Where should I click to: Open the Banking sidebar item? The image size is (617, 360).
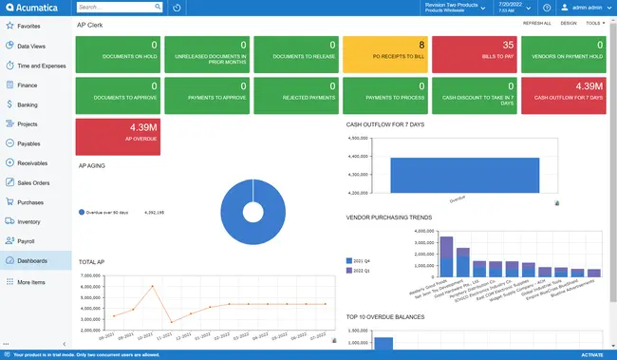pyautogui.click(x=28, y=104)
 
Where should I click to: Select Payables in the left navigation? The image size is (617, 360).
pyautogui.click(x=29, y=143)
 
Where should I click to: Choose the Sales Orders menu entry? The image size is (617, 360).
pyautogui.click(x=34, y=182)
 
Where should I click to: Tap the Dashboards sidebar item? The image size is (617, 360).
pyautogui.click(x=33, y=260)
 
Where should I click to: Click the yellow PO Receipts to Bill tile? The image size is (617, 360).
pyautogui.click(x=385, y=55)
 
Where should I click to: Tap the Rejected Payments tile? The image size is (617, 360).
pyautogui.click(x=296, y=95)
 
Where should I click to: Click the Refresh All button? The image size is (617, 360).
pyautogui.click(x=536, y=23)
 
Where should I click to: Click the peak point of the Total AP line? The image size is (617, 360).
pyautogui.click(x=153, y=286)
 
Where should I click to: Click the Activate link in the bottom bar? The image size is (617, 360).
pyautogui.click(x=591, y=355)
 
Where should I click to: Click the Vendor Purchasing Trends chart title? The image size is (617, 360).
pyautogui.click(x=388, y=218)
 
